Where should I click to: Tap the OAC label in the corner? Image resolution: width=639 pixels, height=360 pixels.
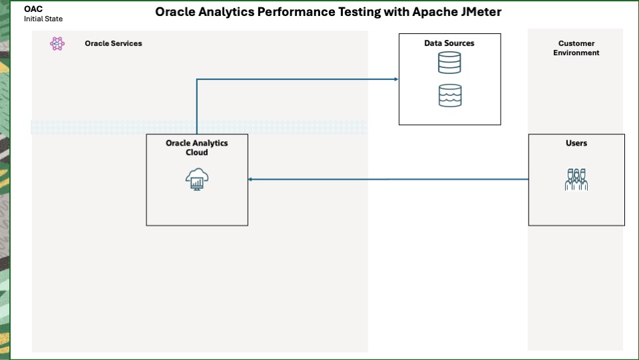point(33,9)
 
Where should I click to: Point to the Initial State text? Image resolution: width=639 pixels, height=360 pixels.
point(43,19)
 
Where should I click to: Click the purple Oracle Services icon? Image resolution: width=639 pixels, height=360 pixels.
point(57,44)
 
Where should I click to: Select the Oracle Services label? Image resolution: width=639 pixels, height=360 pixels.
point(113,43)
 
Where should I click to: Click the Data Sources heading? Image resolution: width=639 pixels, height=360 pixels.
point(449,43)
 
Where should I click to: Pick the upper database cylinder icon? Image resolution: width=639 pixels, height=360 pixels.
point(449,63)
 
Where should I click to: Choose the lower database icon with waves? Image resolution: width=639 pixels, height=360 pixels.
point(449,95)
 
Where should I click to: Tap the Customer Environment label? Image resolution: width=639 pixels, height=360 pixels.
point(576,48)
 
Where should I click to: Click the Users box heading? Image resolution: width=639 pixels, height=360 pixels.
point(576,143)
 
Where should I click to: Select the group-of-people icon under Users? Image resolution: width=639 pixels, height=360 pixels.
point(576,180)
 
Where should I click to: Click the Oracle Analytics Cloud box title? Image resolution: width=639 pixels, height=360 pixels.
point(196,148)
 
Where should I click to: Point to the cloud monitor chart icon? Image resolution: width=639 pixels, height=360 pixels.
point(197,180)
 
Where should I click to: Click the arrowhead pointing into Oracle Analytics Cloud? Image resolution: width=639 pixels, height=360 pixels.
point(251,179)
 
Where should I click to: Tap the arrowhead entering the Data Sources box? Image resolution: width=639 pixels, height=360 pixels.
point(395,79)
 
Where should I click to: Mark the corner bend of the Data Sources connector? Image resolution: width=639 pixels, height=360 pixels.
point(197,80)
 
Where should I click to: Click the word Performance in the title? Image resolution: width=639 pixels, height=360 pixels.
point(298,11)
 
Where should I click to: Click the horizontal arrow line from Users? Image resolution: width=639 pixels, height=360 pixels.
point(389,179)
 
